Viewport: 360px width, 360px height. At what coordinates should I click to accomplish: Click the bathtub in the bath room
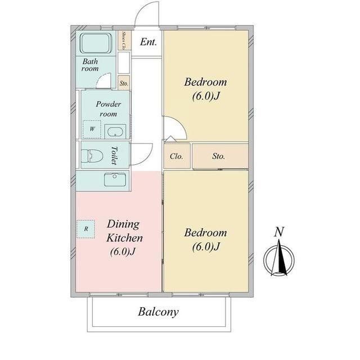[x=96, y=43]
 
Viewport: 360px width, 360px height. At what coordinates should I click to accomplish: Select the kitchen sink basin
[x=115, y=179]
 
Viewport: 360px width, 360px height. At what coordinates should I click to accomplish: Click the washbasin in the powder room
[x=115, y=132]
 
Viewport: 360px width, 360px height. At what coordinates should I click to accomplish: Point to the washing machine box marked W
[x=92, y=129]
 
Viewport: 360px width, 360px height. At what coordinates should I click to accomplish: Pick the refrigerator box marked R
[x=86, y=229]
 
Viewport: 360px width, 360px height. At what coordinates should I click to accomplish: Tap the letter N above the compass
[x=279, y=232]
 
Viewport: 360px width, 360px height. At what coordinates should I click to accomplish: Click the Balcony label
[x=158, y=312]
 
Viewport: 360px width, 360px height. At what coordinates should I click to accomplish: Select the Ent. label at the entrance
[x=148, y=42]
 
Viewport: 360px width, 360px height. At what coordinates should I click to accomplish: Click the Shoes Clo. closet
[x=124, y=40]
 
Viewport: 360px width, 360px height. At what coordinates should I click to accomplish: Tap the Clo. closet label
[x=176, y=156]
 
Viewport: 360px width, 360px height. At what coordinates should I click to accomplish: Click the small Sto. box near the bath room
[x=124, y=83]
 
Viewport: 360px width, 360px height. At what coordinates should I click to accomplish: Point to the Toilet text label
[x=114, y=155]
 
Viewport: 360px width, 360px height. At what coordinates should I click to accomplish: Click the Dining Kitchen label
[x=125, y=231]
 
